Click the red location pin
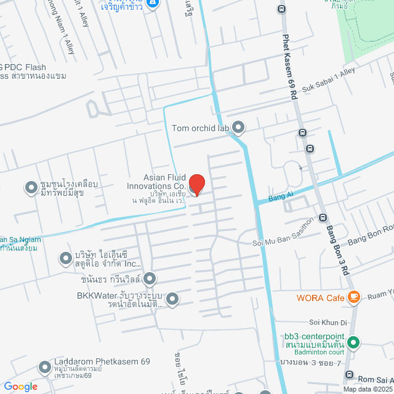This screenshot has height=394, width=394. pos(196,184)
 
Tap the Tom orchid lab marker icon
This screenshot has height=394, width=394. pos(239,128)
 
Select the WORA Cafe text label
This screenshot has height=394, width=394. pos(320,298)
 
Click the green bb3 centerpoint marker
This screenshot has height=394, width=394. pos(353,342)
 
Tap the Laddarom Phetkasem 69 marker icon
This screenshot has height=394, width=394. pos(44,368)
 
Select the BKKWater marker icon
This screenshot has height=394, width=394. pos(172,300)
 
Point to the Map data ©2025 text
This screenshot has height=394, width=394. pos(368,389)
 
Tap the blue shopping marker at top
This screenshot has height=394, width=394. pos(154,3)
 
